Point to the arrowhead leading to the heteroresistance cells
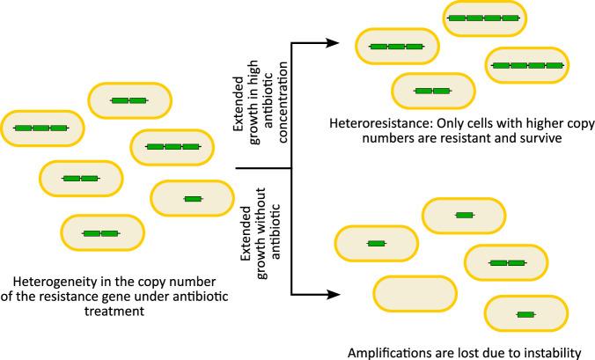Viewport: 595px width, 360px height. coord(334,42)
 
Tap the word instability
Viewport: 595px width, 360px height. coord(546,349)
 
